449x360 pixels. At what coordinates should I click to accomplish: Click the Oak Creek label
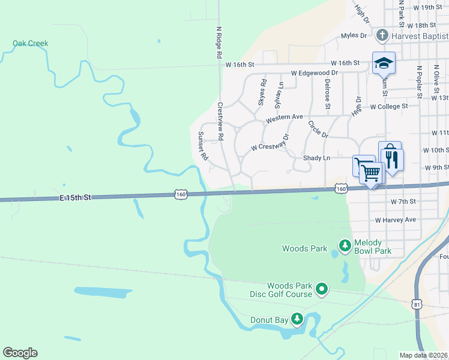[x=30, y=43]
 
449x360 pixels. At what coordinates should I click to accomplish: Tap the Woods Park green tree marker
[x=345, y=245]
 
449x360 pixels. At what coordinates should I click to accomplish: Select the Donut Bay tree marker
[x=297, y=319]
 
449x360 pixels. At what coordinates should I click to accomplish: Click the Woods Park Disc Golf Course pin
[x=322, y=290]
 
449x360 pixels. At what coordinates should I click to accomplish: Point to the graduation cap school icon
[x=384, y=62]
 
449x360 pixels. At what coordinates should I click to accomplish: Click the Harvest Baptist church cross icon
[x=381, y=35]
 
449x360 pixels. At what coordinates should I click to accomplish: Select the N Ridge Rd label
[x=219, y=41]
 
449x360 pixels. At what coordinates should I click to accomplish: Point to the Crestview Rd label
[x=220, y=121]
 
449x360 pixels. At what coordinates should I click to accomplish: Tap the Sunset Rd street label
[x=203, y=146]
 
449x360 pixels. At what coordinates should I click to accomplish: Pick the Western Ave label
[x=285, y=117]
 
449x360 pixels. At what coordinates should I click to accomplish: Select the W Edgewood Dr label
[x=315, y=73]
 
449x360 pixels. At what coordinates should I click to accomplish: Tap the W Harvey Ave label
[x=396, y=220]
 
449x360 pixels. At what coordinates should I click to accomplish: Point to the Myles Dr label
[x=354, y=35]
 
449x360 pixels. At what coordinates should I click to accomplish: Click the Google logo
[x=20, y=353]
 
